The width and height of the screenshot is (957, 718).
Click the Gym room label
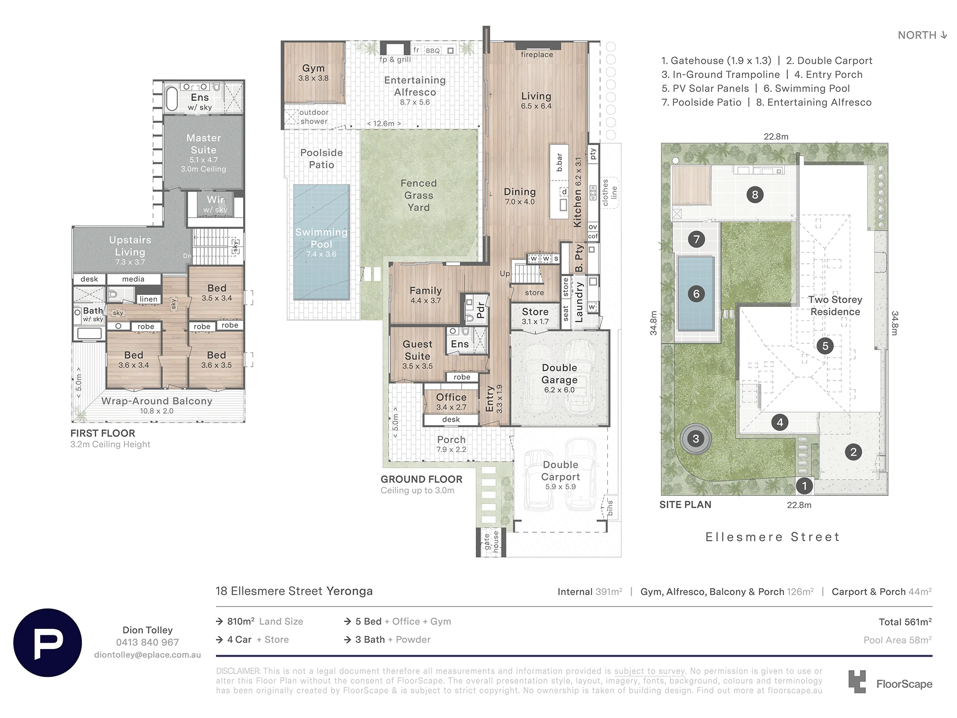(x=313, y=68)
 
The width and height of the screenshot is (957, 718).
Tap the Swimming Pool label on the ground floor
(x=321, y=238)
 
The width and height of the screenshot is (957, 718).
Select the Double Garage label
(x=559, y=374)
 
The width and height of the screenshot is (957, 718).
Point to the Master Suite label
(x=204, y=144)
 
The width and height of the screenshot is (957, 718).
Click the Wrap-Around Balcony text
(x=157, y=401)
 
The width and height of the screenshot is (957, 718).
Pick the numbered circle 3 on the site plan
(x=696, y=438)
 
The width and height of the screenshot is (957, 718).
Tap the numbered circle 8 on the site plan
(x=755, y=194)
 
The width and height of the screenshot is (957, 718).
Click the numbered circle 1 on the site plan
(x=804, y=486)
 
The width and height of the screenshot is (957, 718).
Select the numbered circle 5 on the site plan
(x=825, y=346)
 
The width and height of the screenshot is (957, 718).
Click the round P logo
(x=48, y=642)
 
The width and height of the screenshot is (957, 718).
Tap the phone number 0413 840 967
(x=147, y=642)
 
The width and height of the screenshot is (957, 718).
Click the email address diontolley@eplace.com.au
(x=147, y=655)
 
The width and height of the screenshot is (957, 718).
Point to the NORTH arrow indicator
(x=944, y=35)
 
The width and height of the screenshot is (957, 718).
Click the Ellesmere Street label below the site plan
(x=773, y=537)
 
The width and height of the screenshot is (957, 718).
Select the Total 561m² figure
(x=905, y=622)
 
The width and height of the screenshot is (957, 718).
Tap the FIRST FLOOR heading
(x=103, y=433)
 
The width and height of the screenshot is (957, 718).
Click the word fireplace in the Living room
(x=537, y=55)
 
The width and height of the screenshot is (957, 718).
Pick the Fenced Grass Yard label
(x=419, y=195)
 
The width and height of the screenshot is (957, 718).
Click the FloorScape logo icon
(x=857, y=682)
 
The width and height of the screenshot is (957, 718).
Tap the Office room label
(x=451, y=397)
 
